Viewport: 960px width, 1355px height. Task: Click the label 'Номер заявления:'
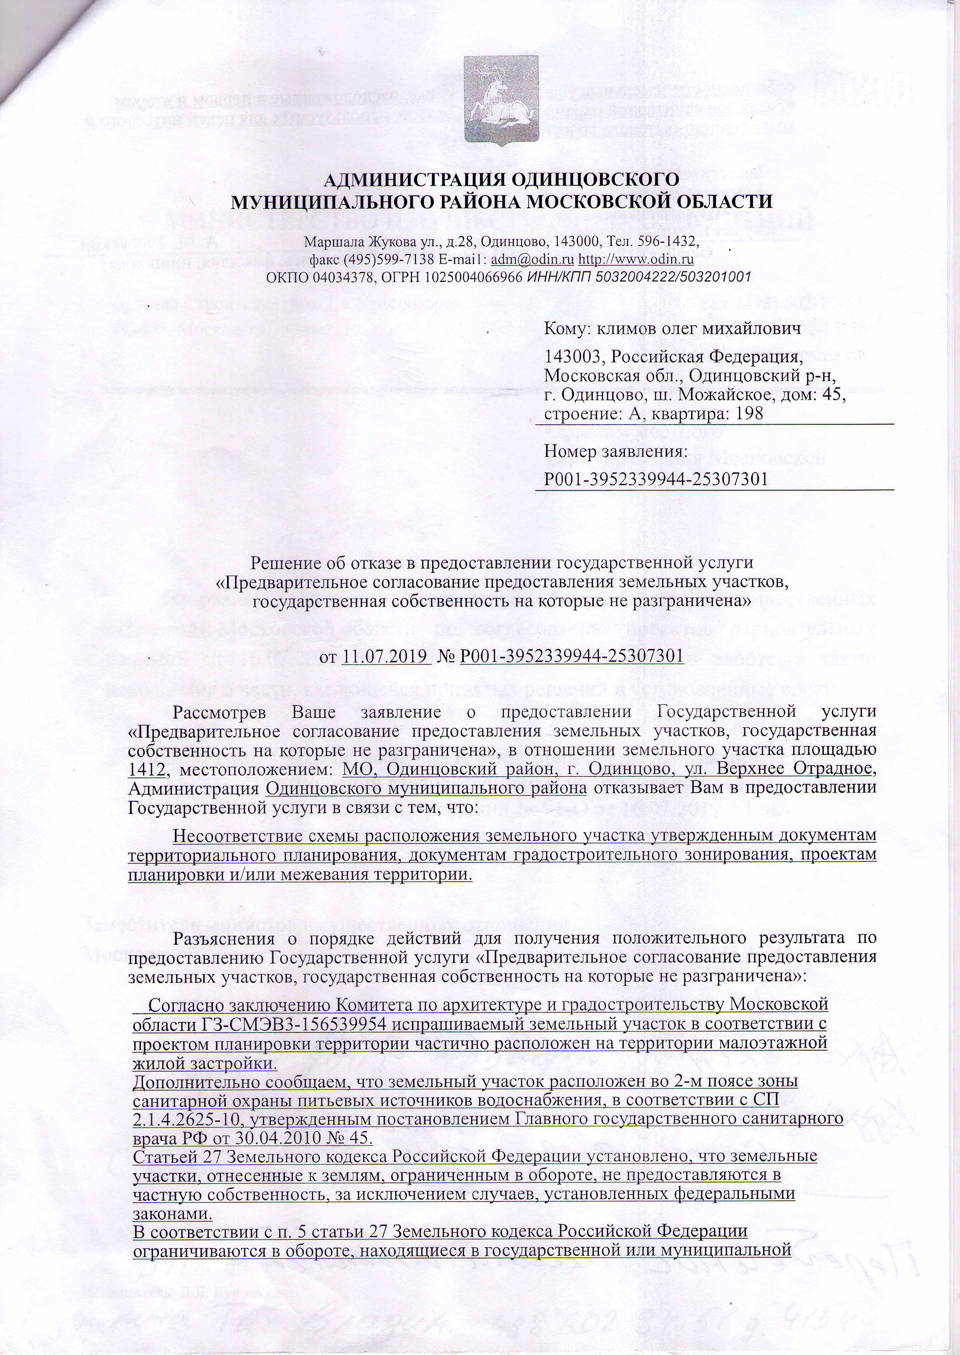(x=615, y=452)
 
